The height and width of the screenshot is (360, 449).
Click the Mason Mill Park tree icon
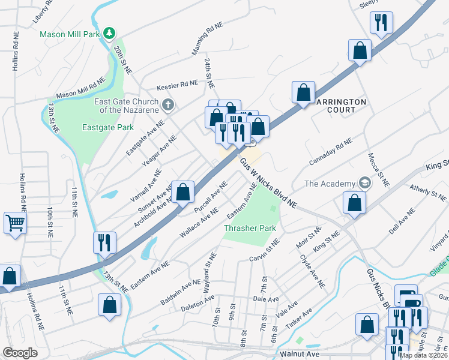click(x=109, y=33)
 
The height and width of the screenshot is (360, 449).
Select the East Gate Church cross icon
click(x=168, y=106)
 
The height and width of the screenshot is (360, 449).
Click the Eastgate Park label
click(x=107, y=127)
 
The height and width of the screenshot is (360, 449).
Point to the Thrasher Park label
click(x=249, y=228)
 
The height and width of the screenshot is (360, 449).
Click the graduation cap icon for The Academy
click(x=364, y=182)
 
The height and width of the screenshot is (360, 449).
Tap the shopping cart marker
click(x=14, y=223)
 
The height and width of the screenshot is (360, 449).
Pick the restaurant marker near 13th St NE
click(x=104, y=243)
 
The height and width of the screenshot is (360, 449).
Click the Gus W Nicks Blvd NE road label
click(x=268, y=184)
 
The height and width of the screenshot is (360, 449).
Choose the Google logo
click(x=20, y=353)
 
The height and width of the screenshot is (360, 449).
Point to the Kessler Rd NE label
click(x=177, y=85)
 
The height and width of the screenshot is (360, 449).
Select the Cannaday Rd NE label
click(x=330, y=152)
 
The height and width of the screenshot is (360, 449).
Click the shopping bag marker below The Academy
click(x=354, y=203)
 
